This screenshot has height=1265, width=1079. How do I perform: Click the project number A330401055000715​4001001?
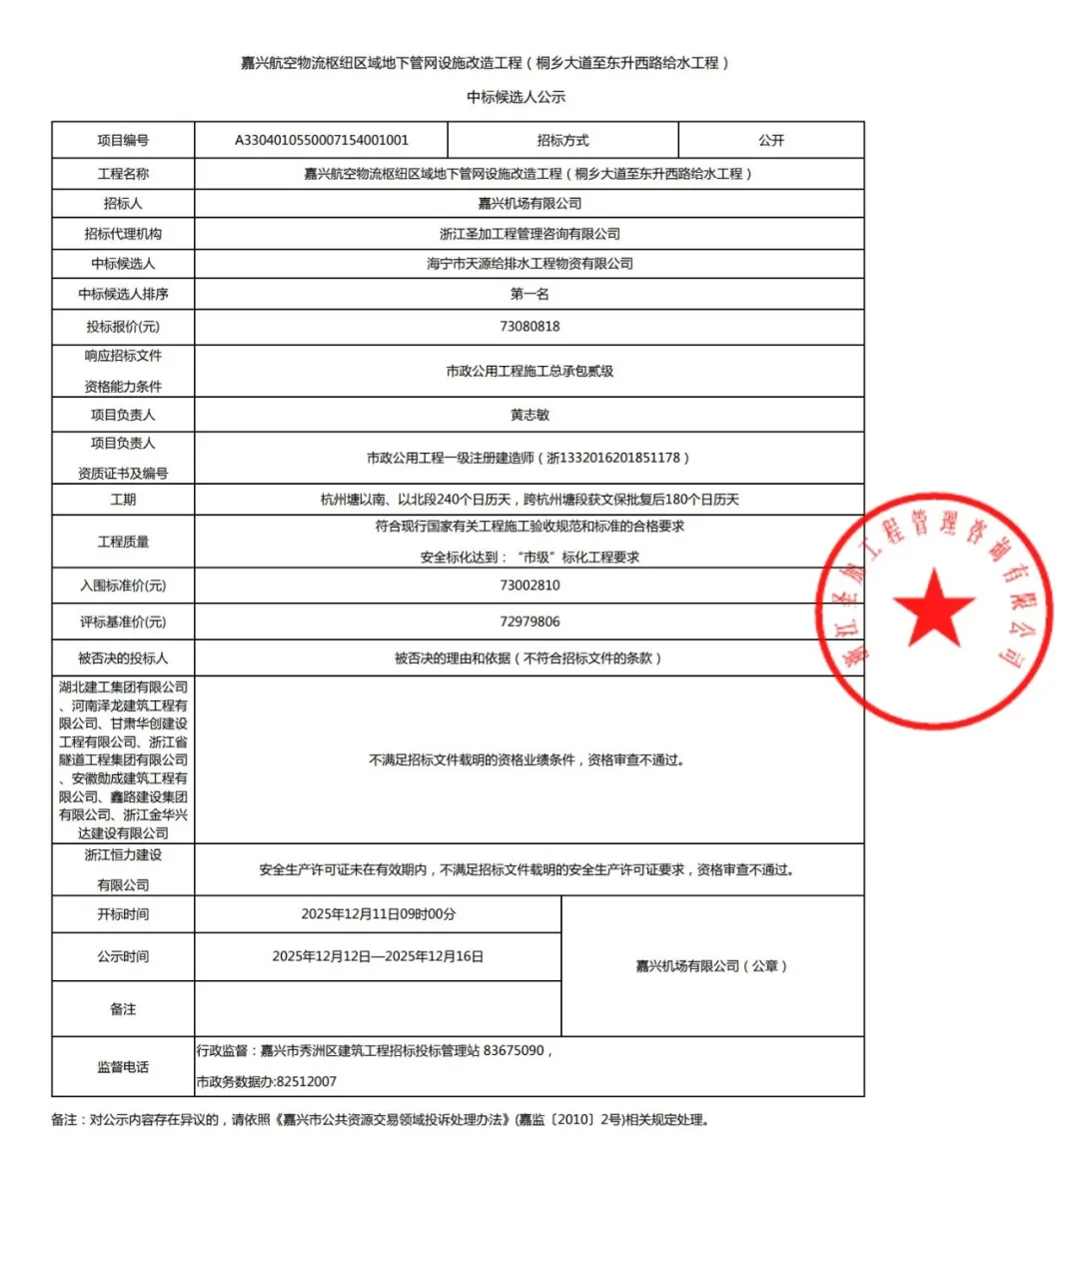pyautogui.click(x=322, y=140)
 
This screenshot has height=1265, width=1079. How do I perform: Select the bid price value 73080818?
pyautogui.click(x=530, y=327)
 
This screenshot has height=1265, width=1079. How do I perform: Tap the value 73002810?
pyautogui.click(x=530, y=586)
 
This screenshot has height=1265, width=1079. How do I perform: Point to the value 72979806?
pyautogui.click(x=530, y=622)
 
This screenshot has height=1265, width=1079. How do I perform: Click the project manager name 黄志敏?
pyautogui.click(x=530, y=415)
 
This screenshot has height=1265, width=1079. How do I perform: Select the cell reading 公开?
pyautogui.click(x=771, y=140)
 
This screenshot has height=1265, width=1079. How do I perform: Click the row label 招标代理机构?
pyautogui.click(x=123, y=234)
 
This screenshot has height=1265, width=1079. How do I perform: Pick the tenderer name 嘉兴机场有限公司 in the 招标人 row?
pyautogui.click(x=530, y=204)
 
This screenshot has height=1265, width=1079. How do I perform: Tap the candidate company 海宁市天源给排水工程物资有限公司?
pyautogui.click(x=530, y=264)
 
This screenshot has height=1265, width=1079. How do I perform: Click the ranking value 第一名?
pyautogui.click(x=530, y=294)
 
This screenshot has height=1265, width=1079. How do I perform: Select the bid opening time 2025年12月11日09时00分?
pyautogui.click(x=379, y=914)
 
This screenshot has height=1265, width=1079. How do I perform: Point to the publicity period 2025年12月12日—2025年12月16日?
pyautogui.click(x=378, y=956)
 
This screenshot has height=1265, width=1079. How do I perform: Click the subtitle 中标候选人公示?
pyautogui.click(x=517, y=97)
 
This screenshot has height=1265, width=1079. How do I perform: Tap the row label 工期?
pyautogui.click(x=123, y=500)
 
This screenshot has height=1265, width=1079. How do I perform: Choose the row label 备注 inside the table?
pyautogui.click(x=123, y=1009)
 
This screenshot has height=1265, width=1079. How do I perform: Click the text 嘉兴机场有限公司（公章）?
pyautogui.click(x=712, y=966)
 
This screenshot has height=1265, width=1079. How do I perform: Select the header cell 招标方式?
pyautogui.click(x=562, y=140)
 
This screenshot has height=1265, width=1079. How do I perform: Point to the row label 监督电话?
pyautogui.click(x=123, y=1067)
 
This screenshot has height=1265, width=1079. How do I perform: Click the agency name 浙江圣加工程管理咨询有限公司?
pyautogui.click(x=530, y=234)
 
